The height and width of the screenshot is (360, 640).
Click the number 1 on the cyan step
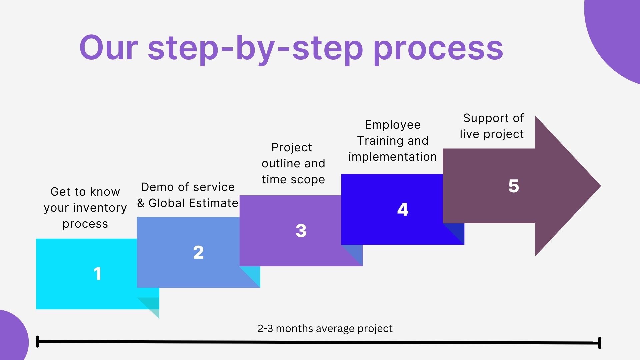click(x=97, y=274)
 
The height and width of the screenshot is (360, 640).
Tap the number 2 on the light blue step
click(x=198, y=252)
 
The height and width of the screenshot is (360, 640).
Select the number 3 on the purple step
click(x=301, y=231)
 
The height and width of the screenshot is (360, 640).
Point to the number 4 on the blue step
click(x=403, y=209)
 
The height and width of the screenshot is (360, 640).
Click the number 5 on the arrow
click(x=514, y=186)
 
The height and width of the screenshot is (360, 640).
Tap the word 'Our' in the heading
click(x=108, y=47)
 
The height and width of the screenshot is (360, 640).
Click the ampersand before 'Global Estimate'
click(x=141, y=203)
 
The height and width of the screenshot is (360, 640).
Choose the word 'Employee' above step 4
click(x=393, y=125)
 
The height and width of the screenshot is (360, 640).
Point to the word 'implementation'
click(x=393, y=157)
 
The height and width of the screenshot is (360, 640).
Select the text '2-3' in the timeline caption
click(x=265, y=329)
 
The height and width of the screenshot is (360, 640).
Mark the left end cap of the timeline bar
click(x=37, y=342)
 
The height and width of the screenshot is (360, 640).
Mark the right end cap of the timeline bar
click(x=599, y=343)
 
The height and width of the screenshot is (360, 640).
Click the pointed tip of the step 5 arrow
click(x=600, y=186)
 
